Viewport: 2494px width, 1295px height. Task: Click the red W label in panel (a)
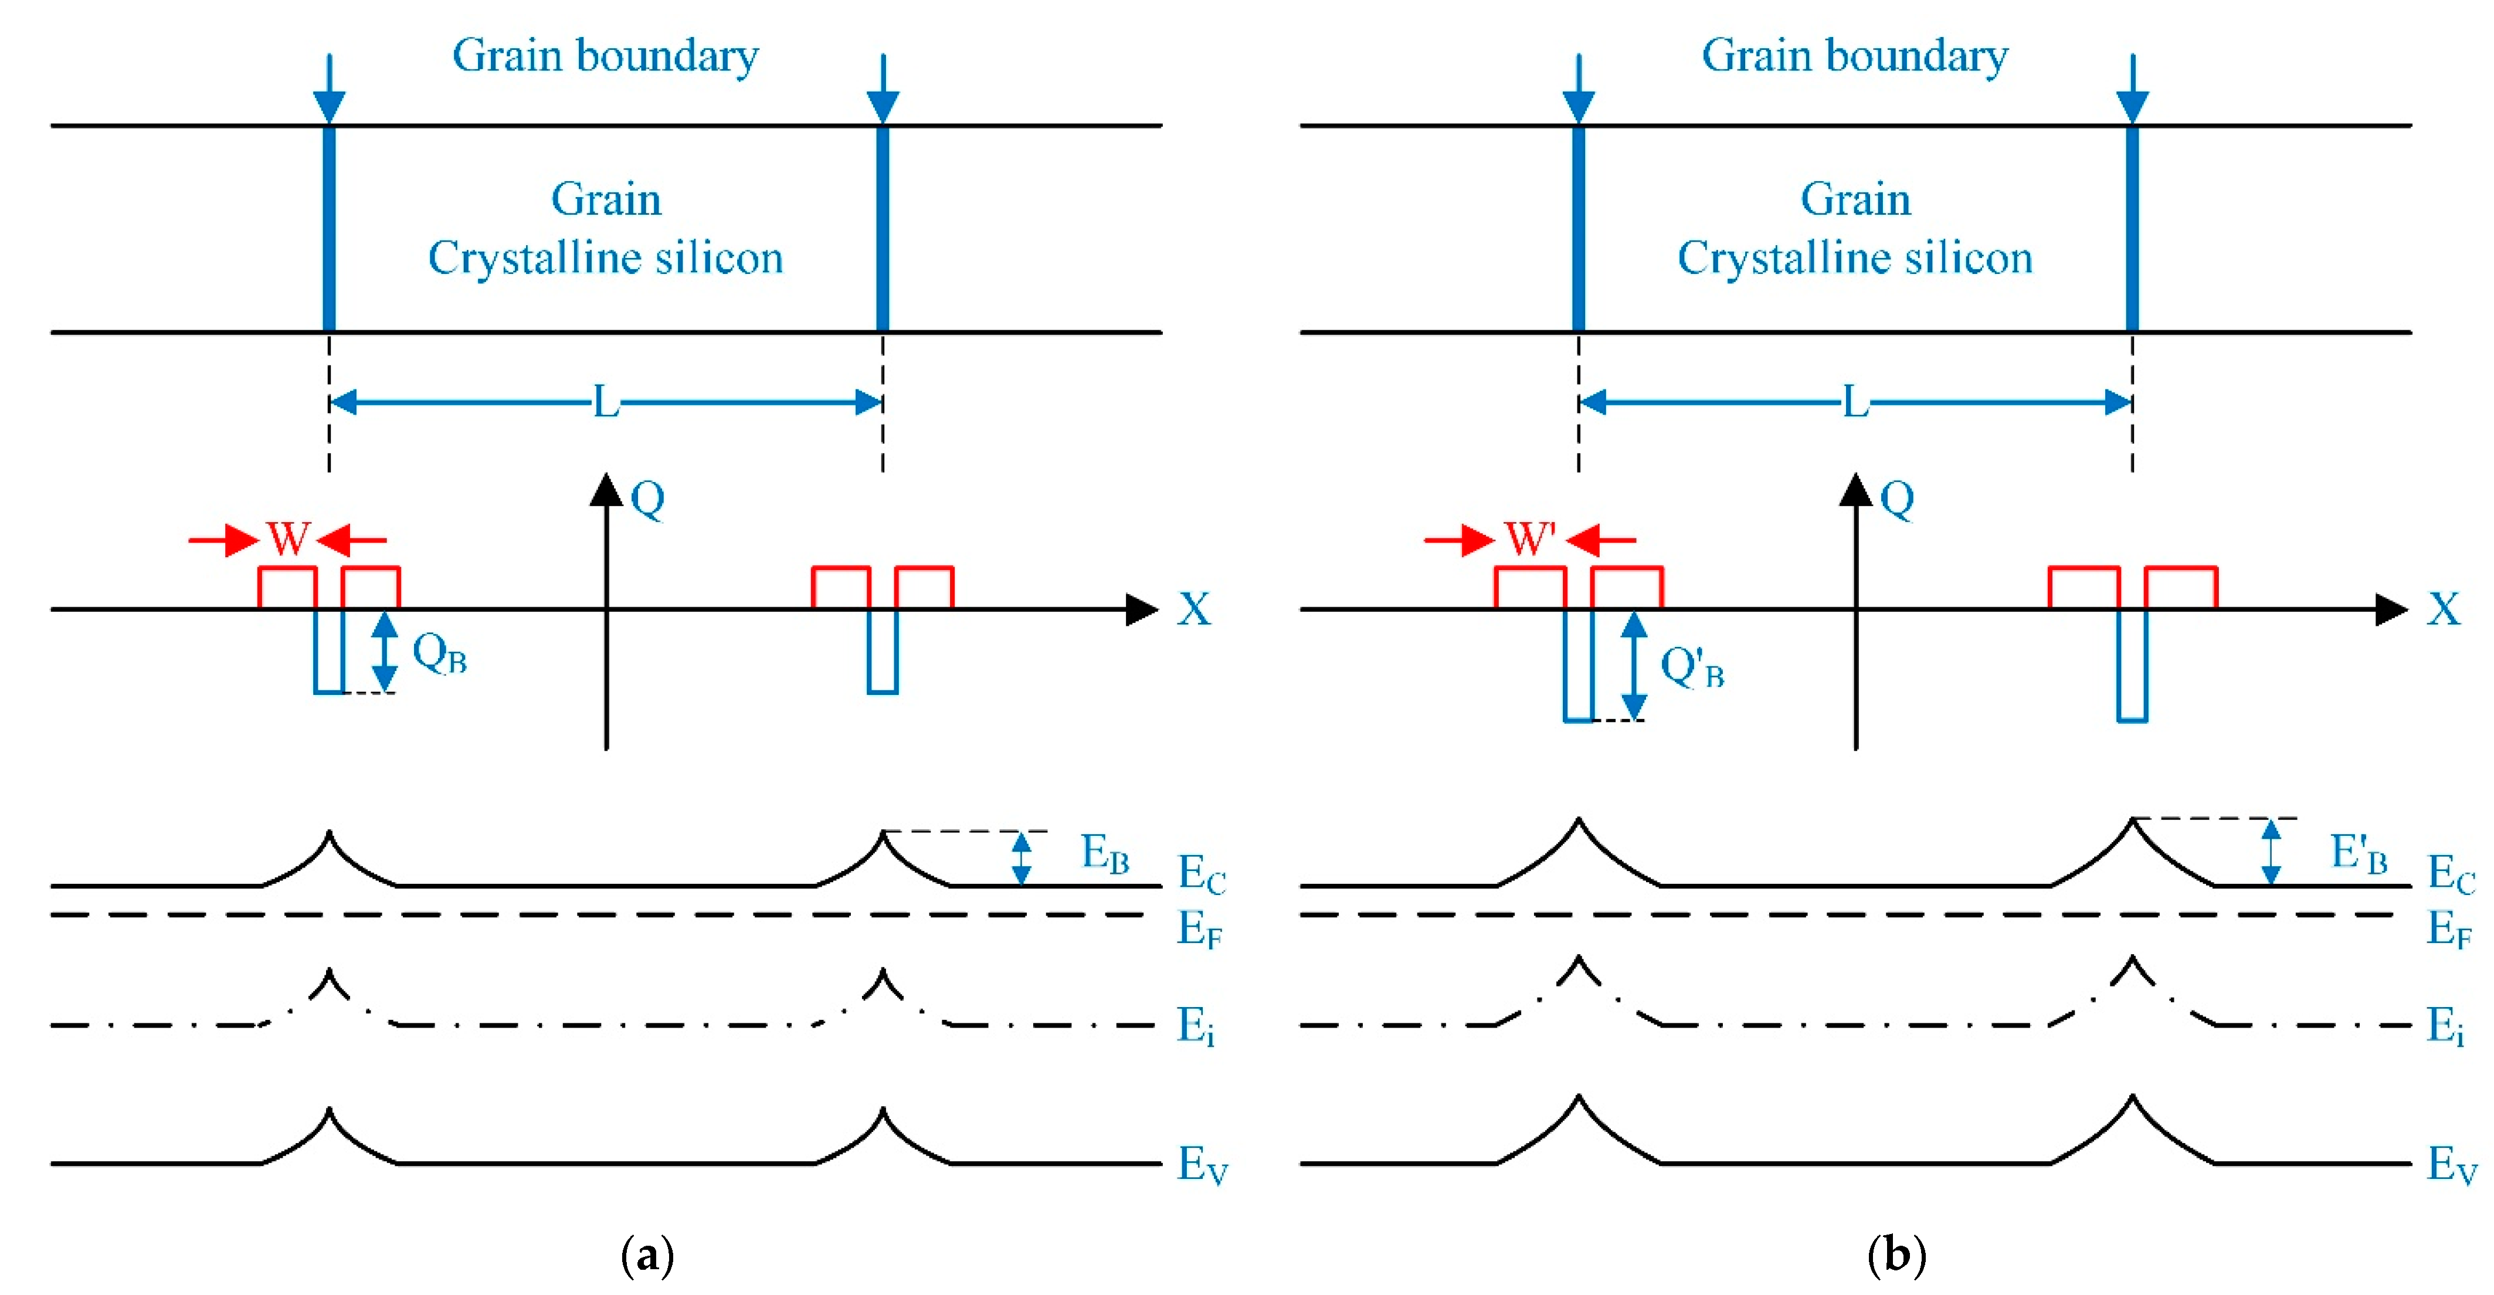tap(289, 538)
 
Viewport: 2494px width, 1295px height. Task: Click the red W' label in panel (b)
tap(1530, 538)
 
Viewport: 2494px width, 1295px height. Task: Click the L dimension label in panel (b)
tap(1855, 402)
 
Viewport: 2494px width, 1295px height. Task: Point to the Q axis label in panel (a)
tap(648, 499)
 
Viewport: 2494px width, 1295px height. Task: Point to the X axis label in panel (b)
tap(2444, 610)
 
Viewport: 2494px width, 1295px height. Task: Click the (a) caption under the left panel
tap(647, 1256)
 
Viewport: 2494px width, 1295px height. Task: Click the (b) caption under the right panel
tap(1896, 1256)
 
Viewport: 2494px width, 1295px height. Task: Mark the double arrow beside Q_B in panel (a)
tap(385, 652)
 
